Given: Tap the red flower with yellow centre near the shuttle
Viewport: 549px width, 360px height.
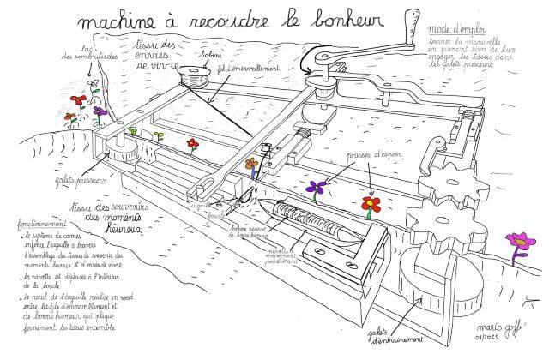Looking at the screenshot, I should [371, 205].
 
